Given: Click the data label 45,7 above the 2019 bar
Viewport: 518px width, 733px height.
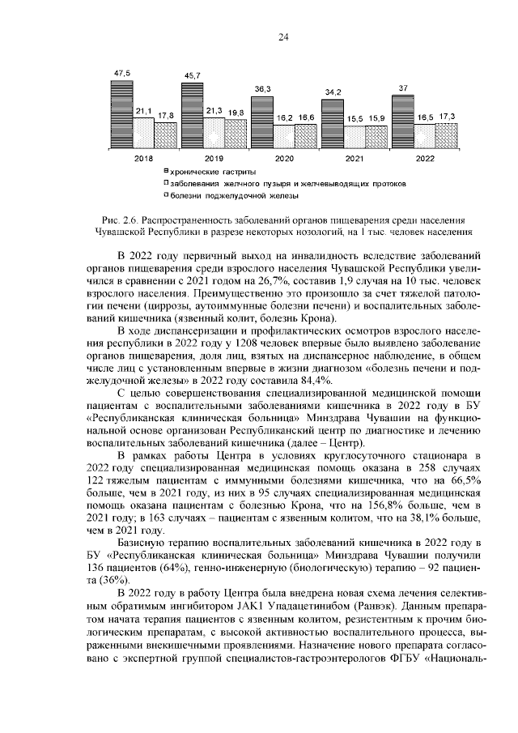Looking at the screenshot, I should pos(193,75).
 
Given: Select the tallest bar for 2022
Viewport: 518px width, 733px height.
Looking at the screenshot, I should pos(402,121).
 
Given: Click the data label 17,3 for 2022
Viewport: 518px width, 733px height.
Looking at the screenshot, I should pos(447,117).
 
